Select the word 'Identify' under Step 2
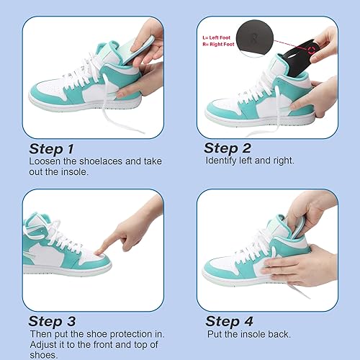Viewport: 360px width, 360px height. coord(220,161)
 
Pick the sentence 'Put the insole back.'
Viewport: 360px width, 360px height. coord(250,334)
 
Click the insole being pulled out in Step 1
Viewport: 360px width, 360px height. coord(148,40)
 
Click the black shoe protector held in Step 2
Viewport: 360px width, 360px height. coord(302,58)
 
